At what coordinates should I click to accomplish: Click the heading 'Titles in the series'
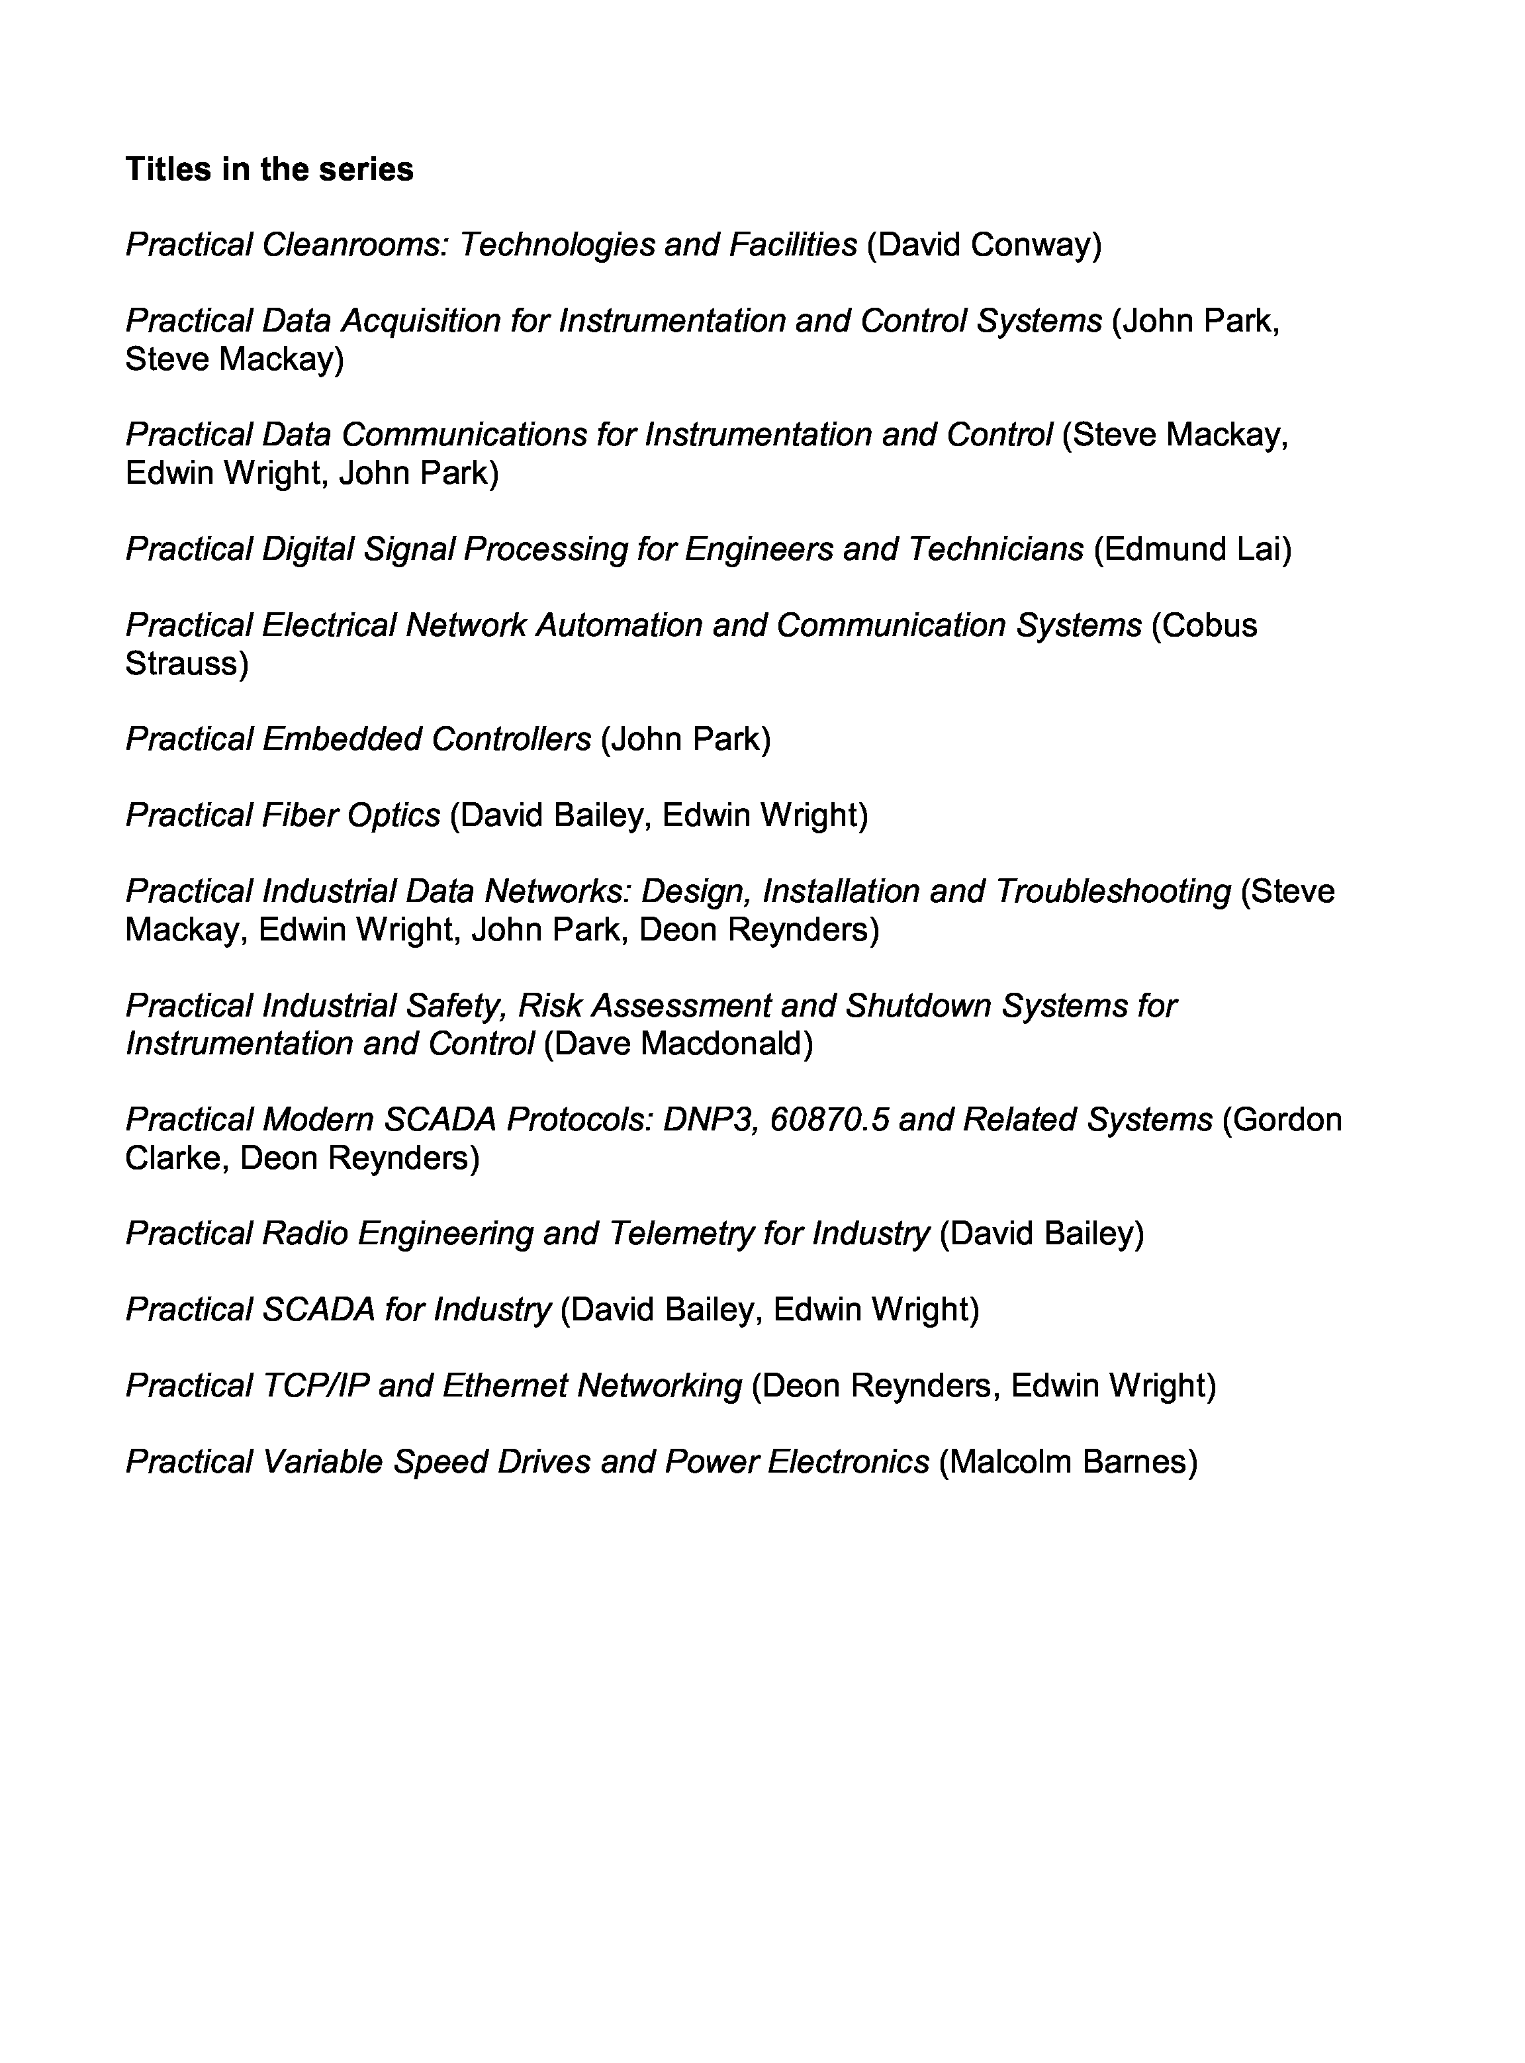[x=269, y=169]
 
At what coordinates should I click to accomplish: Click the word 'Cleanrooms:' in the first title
[x=355, y=245]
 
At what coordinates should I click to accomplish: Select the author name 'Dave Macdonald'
[x=678, y=1044]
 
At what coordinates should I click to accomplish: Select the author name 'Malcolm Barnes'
[x=1068, y=1462]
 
